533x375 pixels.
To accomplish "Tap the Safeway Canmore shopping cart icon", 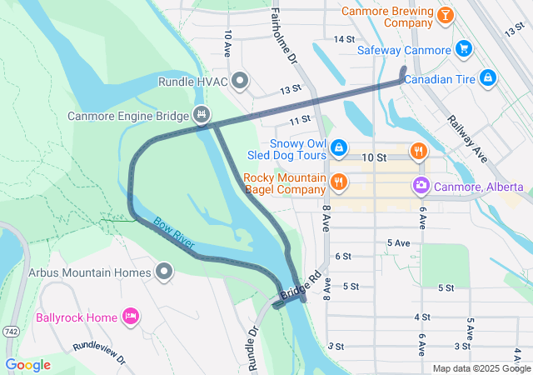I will pos(464,49).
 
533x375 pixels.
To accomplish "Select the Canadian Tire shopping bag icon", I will pos(488,79).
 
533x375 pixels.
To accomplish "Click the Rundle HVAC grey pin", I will pos(240,81).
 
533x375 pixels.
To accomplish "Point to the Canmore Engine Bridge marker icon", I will pos(201,113).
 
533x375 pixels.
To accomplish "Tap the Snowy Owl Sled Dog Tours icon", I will pos(339,148).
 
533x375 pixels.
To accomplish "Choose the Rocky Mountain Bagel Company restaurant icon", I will pos(338,181).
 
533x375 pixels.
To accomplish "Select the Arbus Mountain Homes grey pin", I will pos(165,272).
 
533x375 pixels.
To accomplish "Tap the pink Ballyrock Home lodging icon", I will pos(129,317).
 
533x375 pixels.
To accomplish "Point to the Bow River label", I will pos(173,232).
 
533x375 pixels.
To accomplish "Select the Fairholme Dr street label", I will pos(281,37).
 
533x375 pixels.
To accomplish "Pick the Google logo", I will pos(27,364).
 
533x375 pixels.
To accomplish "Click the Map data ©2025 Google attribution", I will pos(481,368).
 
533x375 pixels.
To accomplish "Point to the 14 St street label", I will pos(344,39).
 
